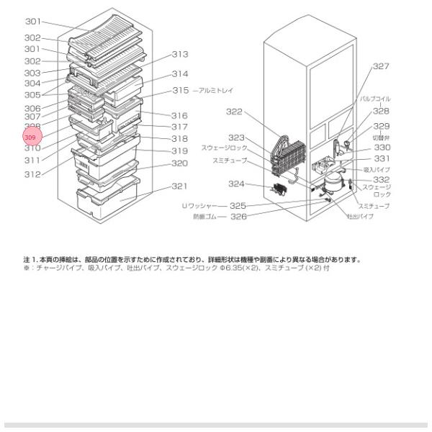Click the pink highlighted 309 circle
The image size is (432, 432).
32,137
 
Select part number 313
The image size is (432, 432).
179,55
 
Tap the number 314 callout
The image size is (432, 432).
179,74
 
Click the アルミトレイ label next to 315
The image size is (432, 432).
217,91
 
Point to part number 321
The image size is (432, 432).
179,186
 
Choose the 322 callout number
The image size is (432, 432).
234,112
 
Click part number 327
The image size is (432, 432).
381,66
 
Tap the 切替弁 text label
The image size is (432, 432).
381,137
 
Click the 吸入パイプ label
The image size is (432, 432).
377,169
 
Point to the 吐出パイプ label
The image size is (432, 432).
360,215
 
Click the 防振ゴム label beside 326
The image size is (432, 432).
205,216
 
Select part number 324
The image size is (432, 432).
237,184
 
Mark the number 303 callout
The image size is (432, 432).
32,73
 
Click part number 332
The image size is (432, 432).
381,179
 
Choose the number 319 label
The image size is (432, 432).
179,151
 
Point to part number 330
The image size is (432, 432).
382,147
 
